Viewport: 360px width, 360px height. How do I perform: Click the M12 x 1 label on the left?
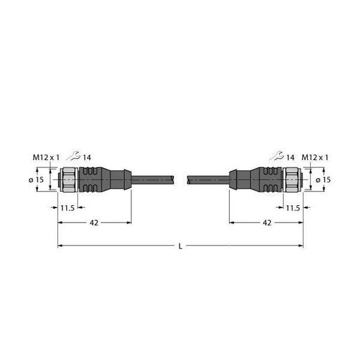[x=46, y=157]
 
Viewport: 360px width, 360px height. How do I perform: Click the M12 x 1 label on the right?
[x=315, y=157]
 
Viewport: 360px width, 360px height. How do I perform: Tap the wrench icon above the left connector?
[x=74, y=157]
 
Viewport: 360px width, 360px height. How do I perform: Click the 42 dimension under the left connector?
[x=94, y=223]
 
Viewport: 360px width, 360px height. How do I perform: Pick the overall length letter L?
[x=180, y=246]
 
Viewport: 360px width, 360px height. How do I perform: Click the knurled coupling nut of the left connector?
[x=68, y=179]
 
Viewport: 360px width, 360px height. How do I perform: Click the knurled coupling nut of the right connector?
[x=293, y=179]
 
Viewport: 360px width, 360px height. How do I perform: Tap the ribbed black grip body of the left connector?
[x=92, y=179]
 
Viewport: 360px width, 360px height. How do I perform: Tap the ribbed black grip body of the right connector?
[x=269, y=179]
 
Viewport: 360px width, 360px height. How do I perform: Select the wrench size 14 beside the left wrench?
[x=87, y=157]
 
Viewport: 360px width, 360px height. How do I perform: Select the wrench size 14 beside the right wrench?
[x=290, y=157]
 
